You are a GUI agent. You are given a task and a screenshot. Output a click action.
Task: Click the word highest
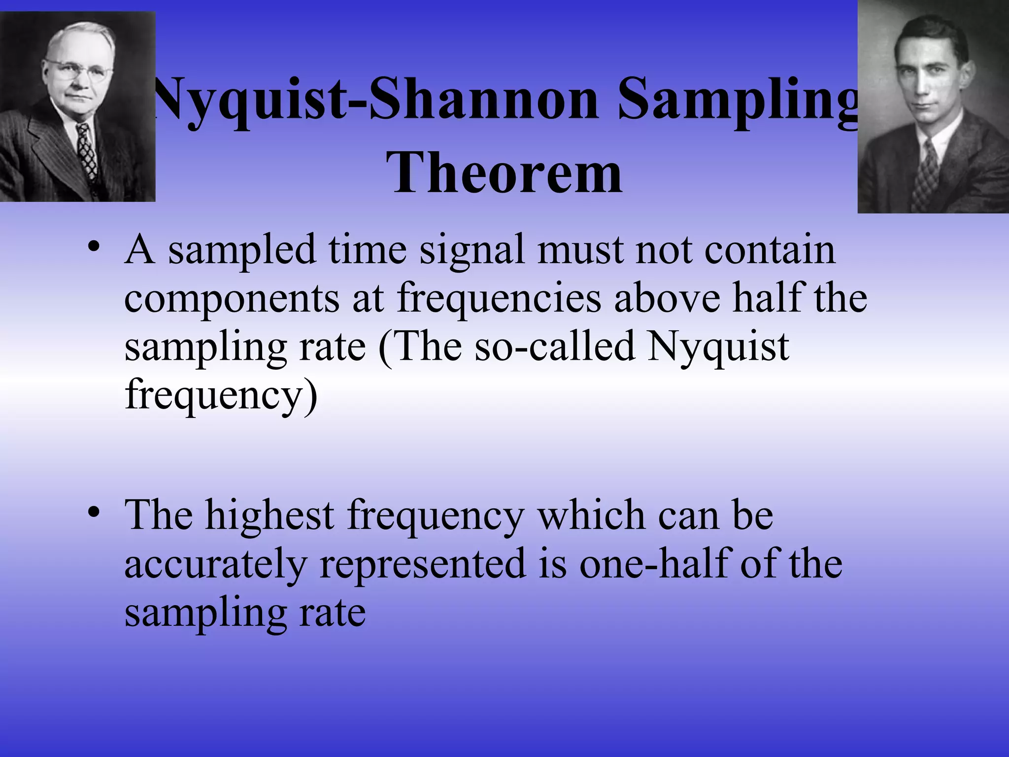point(269,516)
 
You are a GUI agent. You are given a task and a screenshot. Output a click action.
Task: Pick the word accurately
point(215,565)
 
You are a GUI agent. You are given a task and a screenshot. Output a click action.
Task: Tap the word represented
point(423,565)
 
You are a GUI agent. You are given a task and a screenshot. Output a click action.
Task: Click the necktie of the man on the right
point(929,170)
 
